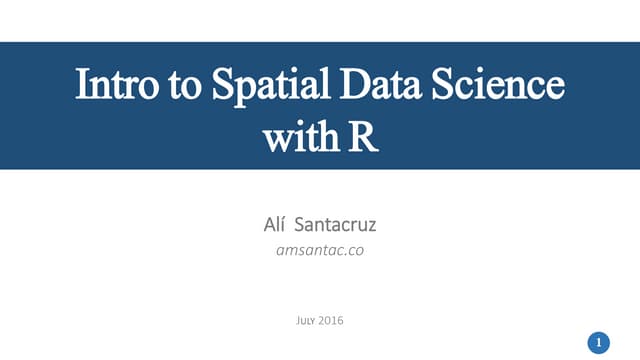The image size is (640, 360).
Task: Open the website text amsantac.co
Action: (x=319, y=250)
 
